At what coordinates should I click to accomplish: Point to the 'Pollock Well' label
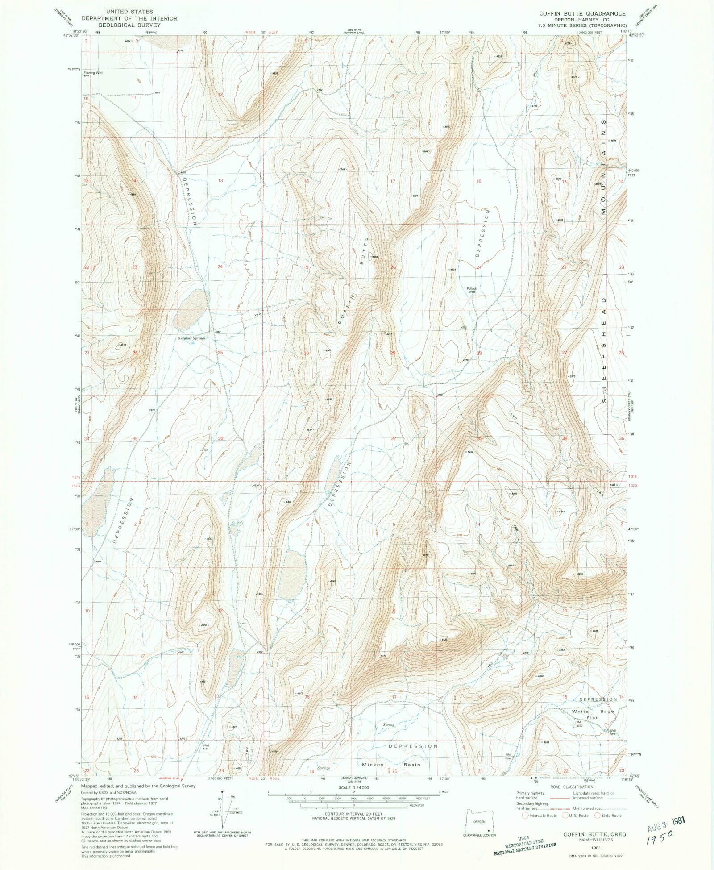pyautogui.click(x=472, y=290)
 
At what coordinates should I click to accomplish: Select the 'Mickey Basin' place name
pyautogui.click(x=391, y=765)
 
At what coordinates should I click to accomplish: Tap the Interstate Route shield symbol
pyautogui.click(x=525, y=816)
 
